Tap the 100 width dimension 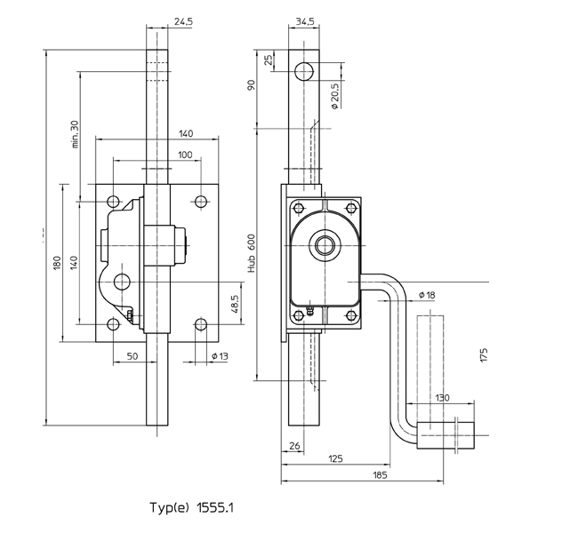(x=185, y=155)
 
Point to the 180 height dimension (x=54, y=263)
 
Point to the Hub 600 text (x=253, y=251)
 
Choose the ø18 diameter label (x=425, y=294)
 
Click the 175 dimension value (x=484, y=355)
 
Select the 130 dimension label (x=441, y=398)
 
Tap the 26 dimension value (x=293, y=446)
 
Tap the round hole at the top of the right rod (x=305, y=69)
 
